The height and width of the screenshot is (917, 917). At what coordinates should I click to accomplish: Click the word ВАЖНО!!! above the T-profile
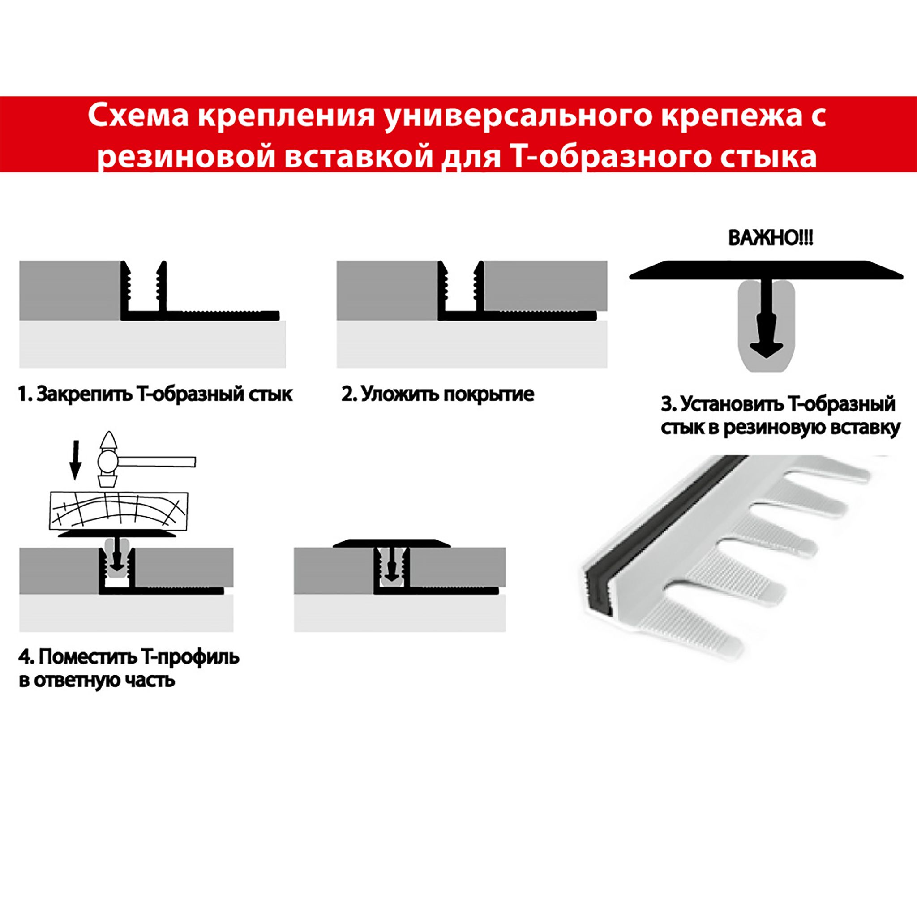[770, 238]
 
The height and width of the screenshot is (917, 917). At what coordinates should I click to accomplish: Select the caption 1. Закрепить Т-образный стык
[155, 394]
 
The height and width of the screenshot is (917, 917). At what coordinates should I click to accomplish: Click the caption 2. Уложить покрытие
[437, 394]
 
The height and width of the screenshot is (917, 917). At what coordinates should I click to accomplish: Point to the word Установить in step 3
[732, 404]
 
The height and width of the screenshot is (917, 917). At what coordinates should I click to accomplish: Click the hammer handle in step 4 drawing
[157, 462]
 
